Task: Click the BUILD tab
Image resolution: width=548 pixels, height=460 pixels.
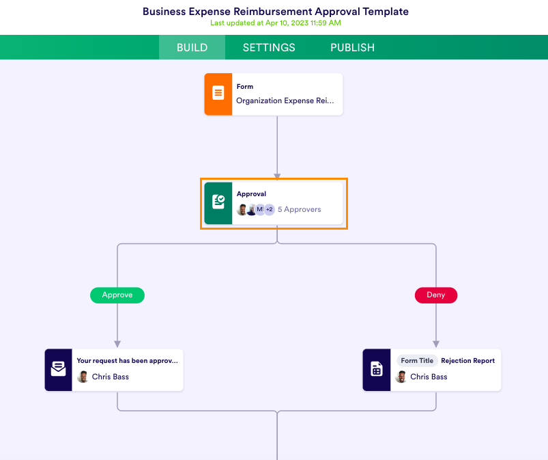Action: coord(192,48)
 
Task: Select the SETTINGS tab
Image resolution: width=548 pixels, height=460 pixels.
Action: coord(269,48)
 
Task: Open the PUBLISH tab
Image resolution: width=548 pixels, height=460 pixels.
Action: coord(352,48)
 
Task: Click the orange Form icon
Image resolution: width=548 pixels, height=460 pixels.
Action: coord(218,94)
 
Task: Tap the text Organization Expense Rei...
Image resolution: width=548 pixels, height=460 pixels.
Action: coord(285,100)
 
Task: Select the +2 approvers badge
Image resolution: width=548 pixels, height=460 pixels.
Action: coord(270,210)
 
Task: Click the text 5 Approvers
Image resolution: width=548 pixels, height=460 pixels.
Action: coord(299,210)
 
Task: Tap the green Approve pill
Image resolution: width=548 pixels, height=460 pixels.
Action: coord(117,295)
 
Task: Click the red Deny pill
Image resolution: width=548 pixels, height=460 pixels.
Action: coord(436,295)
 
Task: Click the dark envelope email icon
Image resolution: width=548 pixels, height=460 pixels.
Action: coord(59,370)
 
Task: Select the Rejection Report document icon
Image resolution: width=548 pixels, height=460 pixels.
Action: coord(377,370)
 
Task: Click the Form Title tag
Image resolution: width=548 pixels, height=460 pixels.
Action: coord(417,361)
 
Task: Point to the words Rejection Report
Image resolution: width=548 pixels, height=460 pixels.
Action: coord(468,361)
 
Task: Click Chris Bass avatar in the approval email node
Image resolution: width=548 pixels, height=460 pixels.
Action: coord(83,377)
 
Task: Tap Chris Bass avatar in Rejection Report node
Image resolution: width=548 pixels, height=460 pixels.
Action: coord(401,377)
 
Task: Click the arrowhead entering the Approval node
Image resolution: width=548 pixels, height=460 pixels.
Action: coord(277,176)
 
